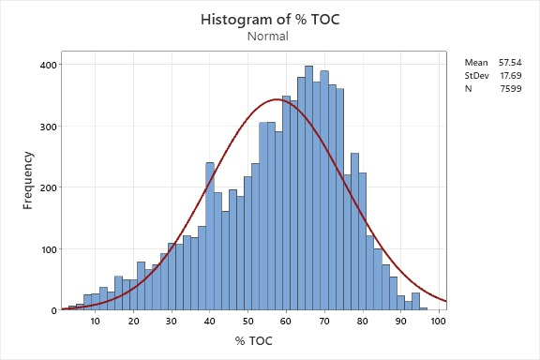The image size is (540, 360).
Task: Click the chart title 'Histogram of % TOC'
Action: (x=269, y=19)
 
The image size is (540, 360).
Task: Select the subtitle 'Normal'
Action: (x=269, y=37)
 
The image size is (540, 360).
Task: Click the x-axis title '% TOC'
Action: (x=253, y=340)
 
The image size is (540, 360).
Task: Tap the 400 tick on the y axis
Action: (x=45, y=65)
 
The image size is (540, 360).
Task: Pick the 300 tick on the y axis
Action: (x=45, y=127)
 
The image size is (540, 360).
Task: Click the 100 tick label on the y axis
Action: (x=45, y=249)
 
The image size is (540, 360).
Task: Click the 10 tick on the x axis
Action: (x=95, y=322)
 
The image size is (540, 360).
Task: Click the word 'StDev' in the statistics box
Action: (x=476, y=75)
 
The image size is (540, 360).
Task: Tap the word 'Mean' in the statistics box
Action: (x=475, y=62)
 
